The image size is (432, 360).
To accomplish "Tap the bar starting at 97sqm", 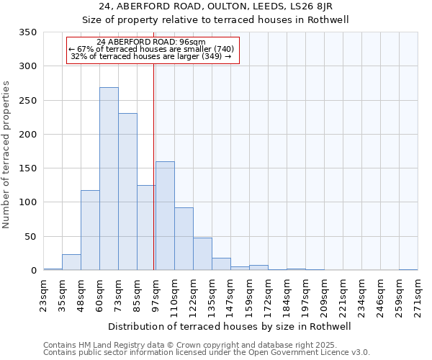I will click(165, 216).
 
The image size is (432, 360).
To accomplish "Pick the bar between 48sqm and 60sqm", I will click(90, 230).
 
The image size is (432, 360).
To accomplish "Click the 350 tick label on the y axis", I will click(27, 32).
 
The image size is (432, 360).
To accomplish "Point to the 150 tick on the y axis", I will click(27, 168).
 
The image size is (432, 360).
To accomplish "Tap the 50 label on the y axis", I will click(30, 236).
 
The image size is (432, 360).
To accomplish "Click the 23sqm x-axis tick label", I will click(43, 294).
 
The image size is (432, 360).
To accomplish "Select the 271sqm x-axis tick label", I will click(418, 294).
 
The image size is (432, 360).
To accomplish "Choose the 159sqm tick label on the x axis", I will click(249, 294).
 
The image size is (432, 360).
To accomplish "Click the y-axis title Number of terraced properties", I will click(6, 155).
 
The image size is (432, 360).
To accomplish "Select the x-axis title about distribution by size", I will click(229, 326).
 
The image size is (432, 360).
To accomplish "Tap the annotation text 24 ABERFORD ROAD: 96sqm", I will click(151, 42).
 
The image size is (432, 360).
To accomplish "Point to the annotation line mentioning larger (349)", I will click(151, 56).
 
